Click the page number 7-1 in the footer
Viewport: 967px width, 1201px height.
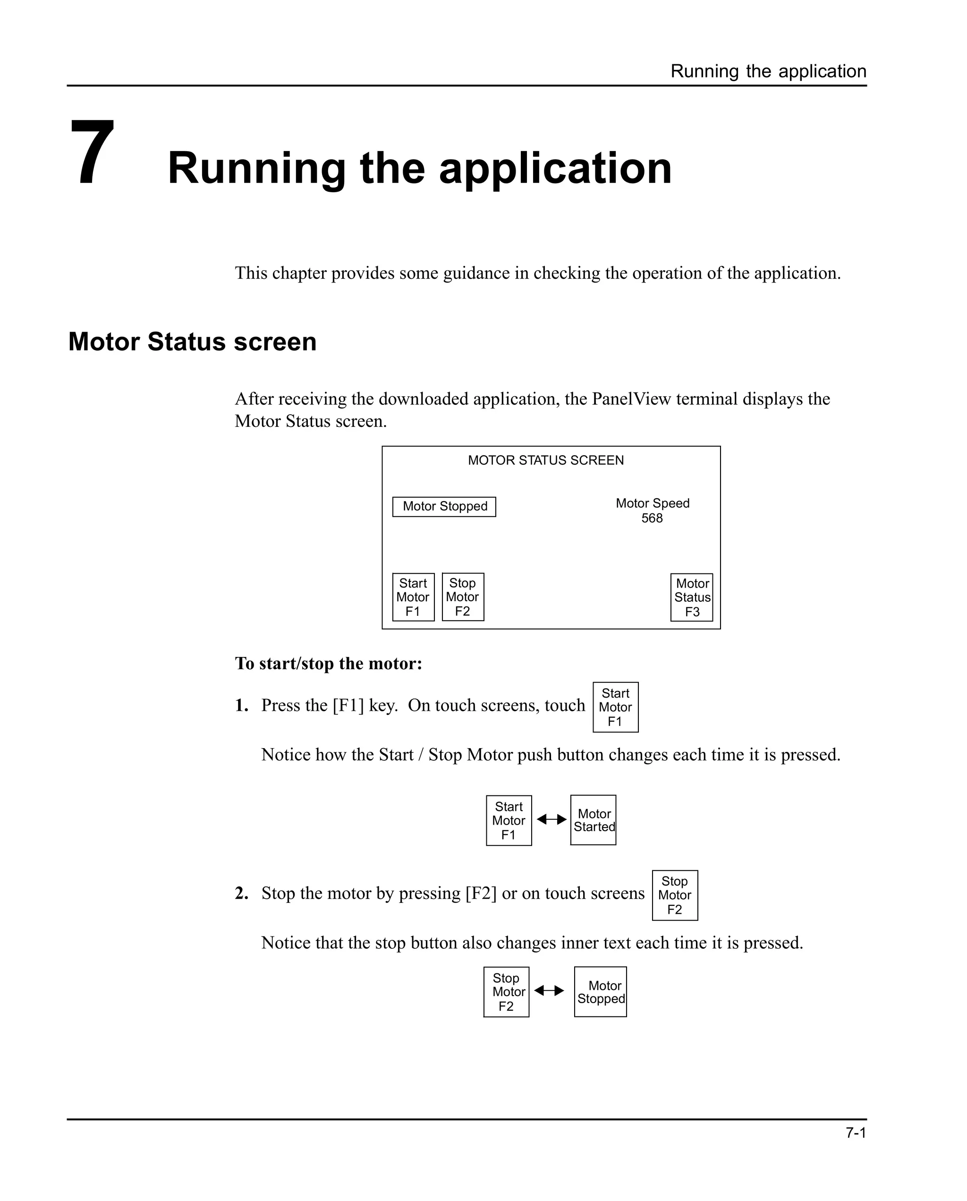pyautogui.click(x=856, y=1133)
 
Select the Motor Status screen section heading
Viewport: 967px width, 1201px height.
pyautogui.click(x=192, y=341)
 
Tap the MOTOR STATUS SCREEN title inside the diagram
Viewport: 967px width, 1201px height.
pyautogui.click(x=545, y=460)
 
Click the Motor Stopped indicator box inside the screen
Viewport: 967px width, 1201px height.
pyautogui.click(x=444, y=506)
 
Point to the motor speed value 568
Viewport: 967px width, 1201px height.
pyautogui.click(x=652, y=519)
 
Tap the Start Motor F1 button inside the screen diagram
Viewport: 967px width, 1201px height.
pyautogui.click(x=413, y=597)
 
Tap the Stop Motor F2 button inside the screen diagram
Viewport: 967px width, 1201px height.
pyautogui.click(x=462, y=597)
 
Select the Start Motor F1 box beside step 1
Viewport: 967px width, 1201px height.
pyautogui.click(x=615, y=707)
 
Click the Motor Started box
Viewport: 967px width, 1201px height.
pyautogui.click(x=593, y=820)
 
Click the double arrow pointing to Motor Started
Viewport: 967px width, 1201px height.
pyautogui.click(x=551, y=819)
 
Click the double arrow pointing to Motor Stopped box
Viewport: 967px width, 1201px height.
pyautogui.click(x=549, y=990)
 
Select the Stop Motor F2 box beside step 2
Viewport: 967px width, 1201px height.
pyautogui.click(x=675, y=895)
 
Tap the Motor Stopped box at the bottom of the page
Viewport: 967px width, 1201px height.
pyautogui.click(x=601, y=992)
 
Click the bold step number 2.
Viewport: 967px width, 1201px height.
pyautogui.click(x=241, y=894)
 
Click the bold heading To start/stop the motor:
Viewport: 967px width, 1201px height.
pyautogui.click(x=328, y=664)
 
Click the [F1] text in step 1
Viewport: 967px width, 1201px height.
pyautogui.click(x=348, y=706)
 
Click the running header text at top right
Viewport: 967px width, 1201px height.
pyautogui.click(x=768, y=71)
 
